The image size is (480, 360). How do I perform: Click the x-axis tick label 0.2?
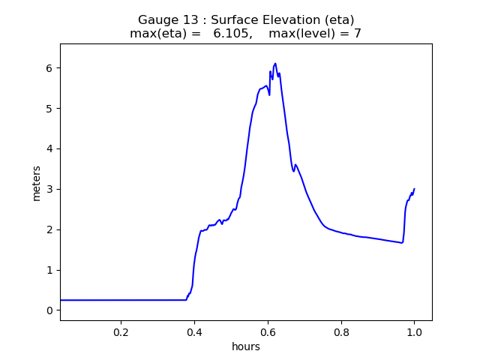pos(121,332)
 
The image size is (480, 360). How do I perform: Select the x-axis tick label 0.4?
pos(194,332)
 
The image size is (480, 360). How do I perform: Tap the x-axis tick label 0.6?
pos(268,332)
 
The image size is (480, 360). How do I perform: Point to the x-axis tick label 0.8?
pos(341,332)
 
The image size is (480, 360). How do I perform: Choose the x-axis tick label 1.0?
pos(414,332)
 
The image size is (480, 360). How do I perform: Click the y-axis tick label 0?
pos(49,310)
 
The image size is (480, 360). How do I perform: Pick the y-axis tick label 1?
pos(49,270)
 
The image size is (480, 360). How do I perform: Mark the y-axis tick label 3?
pos(49,189)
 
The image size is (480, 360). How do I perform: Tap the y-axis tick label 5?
pos(49,109)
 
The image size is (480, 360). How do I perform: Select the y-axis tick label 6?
pos(49,68)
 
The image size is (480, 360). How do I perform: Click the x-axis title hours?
pos(246,346)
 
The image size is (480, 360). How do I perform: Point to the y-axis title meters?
pos(37,183)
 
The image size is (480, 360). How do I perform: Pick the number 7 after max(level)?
pos(358,34)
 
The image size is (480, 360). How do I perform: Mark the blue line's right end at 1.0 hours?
pos(414,189)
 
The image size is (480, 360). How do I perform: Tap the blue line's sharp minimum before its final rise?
pos(402,243)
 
